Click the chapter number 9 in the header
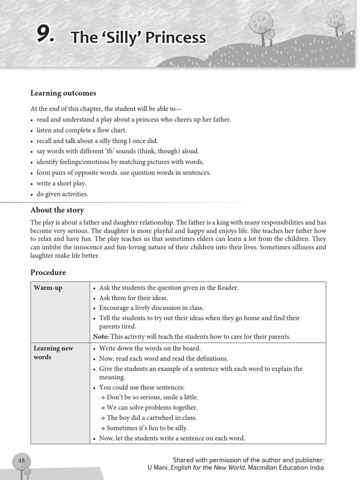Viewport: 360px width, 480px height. tap(45, 35)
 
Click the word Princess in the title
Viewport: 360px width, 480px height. tap(175, 37)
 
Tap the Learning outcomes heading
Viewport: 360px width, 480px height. tap(63, 93)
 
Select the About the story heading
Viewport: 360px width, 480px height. tap(57, 210)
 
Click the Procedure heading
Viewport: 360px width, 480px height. tap(48, 272)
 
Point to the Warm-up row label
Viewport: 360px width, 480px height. tap(48, 288)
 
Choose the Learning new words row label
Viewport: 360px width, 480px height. tap(53, 352)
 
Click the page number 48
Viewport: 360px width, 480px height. tap(22, 461)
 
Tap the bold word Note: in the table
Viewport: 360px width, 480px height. tap(101, 337)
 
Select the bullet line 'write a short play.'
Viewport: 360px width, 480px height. tap(61, 183)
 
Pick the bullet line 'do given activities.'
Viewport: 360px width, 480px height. tap(62, 194)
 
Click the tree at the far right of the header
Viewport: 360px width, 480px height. tap(336, 21)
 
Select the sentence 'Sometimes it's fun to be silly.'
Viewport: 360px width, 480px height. tap(147, 428)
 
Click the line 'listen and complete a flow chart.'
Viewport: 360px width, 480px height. tap(82, 130)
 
